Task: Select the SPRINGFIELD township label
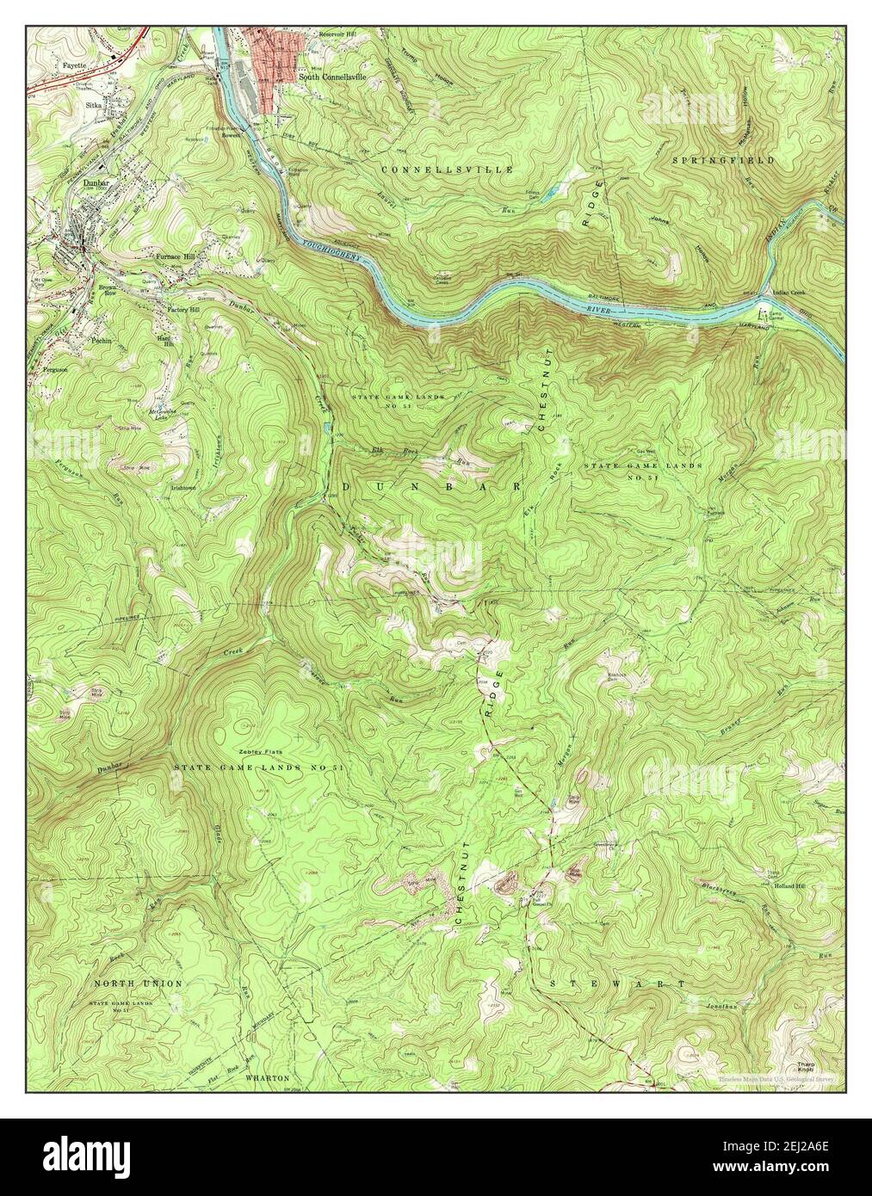[736, 160]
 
